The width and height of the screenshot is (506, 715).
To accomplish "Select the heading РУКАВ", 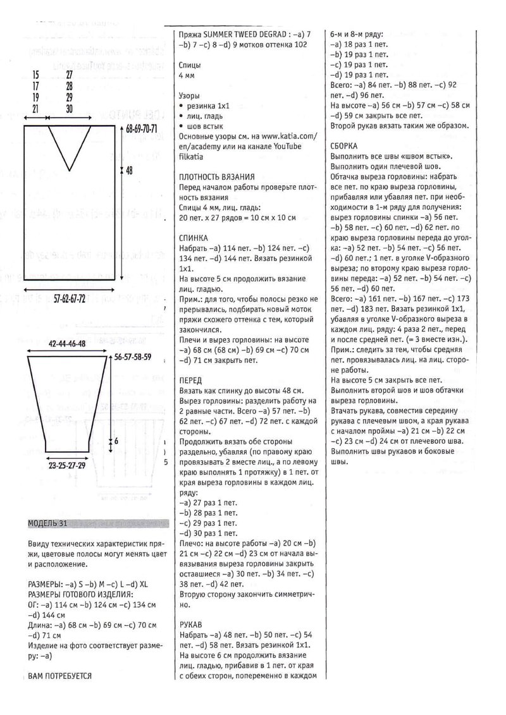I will click(x=191, y=623).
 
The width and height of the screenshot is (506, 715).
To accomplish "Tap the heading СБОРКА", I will click(x=345, y=145).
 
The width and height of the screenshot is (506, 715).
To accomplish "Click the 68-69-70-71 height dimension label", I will click(x=142, y=128).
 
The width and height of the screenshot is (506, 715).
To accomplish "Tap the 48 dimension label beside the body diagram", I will click(x=130, y=170).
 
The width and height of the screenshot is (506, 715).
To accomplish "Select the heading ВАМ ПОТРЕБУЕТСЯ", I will click(x=60, y=676).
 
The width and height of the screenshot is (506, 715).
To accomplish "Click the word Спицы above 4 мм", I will click(x=190, y=65).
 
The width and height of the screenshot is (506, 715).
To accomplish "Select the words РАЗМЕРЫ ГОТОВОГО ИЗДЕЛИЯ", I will click(x=80, y=595).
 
